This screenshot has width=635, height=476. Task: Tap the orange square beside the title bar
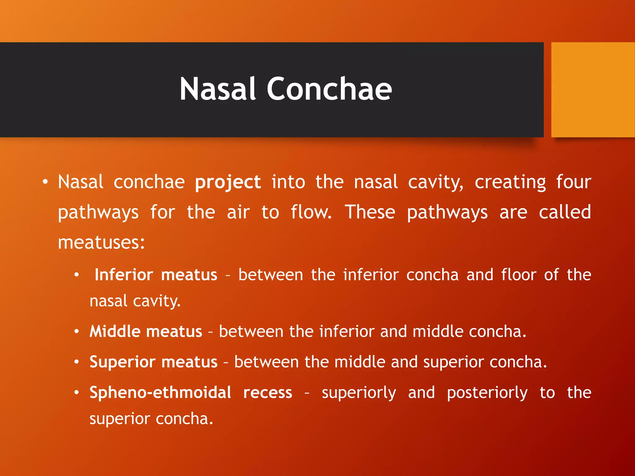pos(593,90)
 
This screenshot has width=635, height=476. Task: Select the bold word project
pos(228,182)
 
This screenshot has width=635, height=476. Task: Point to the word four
pos(573,182)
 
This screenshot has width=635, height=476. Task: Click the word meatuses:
pos(101,243)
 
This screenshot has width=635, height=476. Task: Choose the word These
pos(370,212)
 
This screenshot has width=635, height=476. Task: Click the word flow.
pos(311,212)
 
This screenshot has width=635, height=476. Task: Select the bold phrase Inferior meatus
pos(156,275)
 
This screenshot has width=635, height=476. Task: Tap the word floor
pos(519,275)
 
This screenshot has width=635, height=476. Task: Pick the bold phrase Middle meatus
pos(146,332)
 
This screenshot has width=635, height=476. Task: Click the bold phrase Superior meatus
pos(153,362)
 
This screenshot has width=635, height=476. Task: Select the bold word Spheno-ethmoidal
pos(160,393)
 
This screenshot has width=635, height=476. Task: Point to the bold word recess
pos(268,393)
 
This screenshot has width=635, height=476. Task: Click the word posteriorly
pos(487,393)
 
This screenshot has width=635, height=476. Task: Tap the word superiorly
pos(359,393)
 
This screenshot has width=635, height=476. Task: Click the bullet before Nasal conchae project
pos(45,182)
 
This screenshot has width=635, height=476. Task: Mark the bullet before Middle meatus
pos(77,332)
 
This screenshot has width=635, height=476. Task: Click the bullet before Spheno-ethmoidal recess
pos(77,393)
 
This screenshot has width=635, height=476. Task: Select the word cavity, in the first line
pos(436,182)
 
